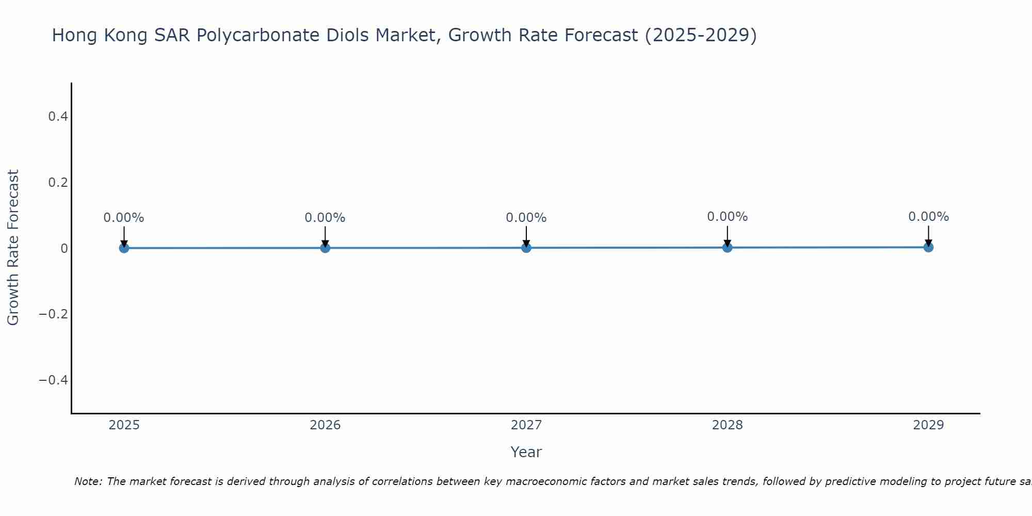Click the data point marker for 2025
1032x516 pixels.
click(x=124, y=248)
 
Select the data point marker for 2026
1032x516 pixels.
click(x=325, y=248)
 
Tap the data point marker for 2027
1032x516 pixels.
click(x=526, y=248)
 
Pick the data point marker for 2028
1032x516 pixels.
click(x=727, y=248)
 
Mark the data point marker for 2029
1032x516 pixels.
click(x=928, y=247)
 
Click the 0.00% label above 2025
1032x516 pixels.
click(x=124, y=218)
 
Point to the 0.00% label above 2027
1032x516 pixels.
click(x=526, y=218)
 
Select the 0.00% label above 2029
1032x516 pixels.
click(x=928, y=217)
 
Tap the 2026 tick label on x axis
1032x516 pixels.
click(x=325, y=425)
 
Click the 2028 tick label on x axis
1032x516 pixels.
click(x=727, y=425)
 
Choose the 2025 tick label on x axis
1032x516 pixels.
click(x=124, y=425)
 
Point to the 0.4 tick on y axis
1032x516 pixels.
click(x=58, y=117)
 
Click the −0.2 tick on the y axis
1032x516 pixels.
click(x=54, y=314)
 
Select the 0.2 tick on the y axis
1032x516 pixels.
click(x=58, y=183)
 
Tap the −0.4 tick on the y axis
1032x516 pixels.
click(x=54, y=380)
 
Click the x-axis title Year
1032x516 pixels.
click(x=526, y=452)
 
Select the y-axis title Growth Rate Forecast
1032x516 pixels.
click(x=13, y=248)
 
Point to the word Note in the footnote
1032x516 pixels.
click(x=88, y=481)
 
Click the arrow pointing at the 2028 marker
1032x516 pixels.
click(x=727, y=236)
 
